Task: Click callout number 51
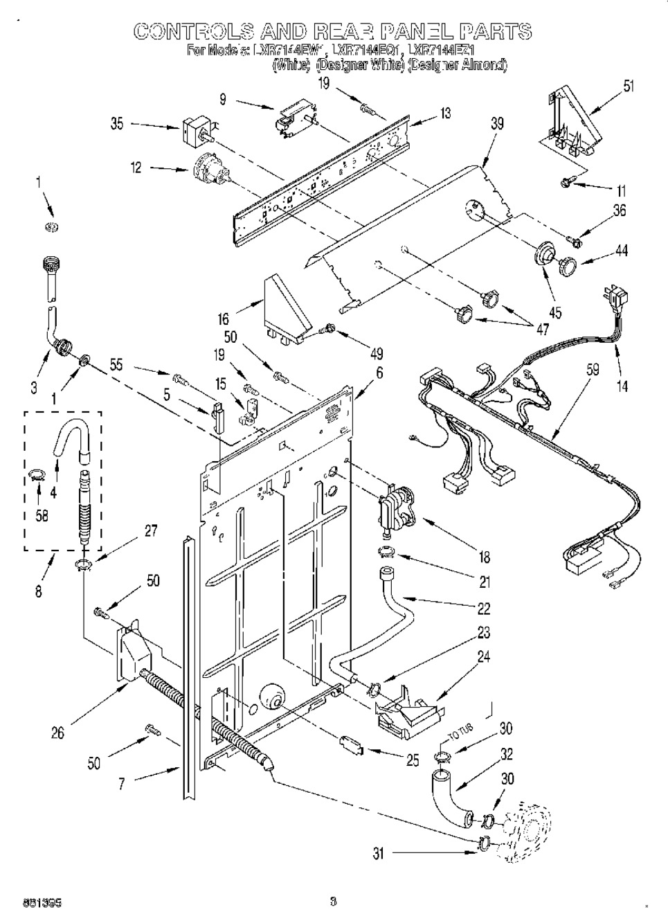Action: [x=629, y=87]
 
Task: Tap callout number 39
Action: [x=496, y=125]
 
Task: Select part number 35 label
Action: [x=117, y=125]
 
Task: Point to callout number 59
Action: [x=593, y=370]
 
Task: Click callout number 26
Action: [x=58, y=733]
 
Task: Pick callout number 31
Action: [x=378, y=854]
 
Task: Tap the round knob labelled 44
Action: [x=568, y=265]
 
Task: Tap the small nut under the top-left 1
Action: [x=51, y=227]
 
